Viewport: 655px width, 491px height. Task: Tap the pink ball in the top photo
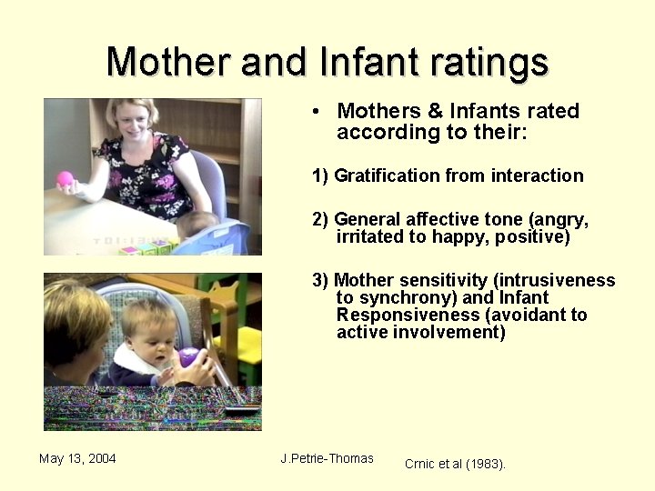point(65,179)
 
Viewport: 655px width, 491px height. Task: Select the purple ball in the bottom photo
point(189,357)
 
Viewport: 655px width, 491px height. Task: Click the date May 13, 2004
point(77,458)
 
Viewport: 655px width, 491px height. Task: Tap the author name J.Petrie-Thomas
point(327,458)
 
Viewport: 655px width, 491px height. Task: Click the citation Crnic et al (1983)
point(455,464)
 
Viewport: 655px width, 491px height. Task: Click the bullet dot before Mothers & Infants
point(314,112)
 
